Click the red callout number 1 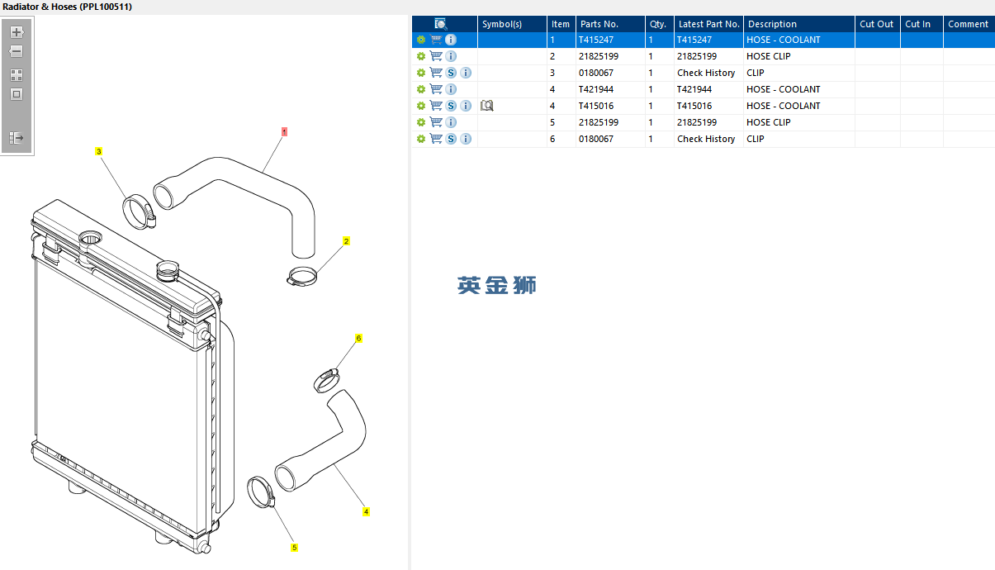(284, 131)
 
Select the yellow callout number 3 (99, 151)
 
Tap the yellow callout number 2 (346, 241)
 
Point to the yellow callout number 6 (358, 338)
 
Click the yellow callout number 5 (294, 547)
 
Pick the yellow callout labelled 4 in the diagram (366, 511)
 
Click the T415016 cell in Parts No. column (596, 106)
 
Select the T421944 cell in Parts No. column (596, 89)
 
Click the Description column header (772, 24)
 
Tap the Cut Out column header (876, 24)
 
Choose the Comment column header (968, 24)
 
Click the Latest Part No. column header (708, 24)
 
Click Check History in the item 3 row (706, 73)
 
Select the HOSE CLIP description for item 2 (768, 56)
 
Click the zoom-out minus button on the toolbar (17, 51)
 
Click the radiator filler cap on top (168, 269)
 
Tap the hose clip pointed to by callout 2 (302, 278)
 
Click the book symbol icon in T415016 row (487, 106)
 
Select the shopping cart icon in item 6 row (436, 139)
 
